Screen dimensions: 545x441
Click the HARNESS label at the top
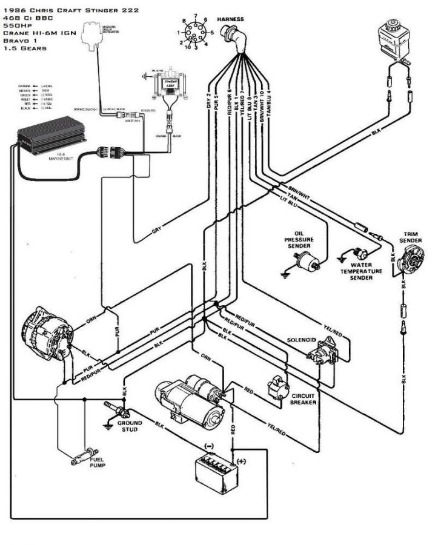[x=231, y=19]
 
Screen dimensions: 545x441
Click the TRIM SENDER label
[x=411, y=237]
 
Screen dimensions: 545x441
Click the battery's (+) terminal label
[x=240, y=460]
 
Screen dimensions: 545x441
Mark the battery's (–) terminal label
[x=210, y=446]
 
